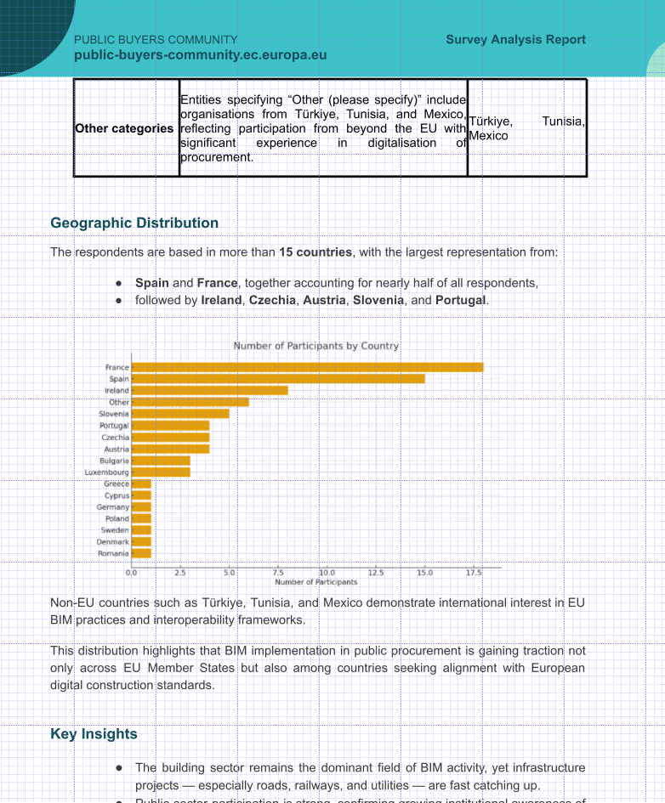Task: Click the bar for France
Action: point(308,367)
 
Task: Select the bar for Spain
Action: point(279,379)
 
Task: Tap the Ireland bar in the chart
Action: point(210,391)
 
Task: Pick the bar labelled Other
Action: point(190,402)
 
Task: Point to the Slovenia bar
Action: point(180,414)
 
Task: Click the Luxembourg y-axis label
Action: point(107,472)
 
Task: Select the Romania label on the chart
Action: point(114,553)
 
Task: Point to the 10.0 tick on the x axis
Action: point(327,574)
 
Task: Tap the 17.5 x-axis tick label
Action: point(474,574)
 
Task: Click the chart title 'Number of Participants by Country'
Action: point(316,346)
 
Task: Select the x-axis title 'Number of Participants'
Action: point(315,582)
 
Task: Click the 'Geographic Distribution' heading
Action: point(134,223)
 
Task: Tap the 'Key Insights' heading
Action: point(94,734)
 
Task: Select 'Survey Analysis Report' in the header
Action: point(515,40)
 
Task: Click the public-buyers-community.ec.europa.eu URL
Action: point(201,56)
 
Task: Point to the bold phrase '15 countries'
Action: point(315,252)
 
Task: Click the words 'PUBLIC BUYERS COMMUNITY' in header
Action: point(156,40)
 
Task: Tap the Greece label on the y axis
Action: point(117,483)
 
